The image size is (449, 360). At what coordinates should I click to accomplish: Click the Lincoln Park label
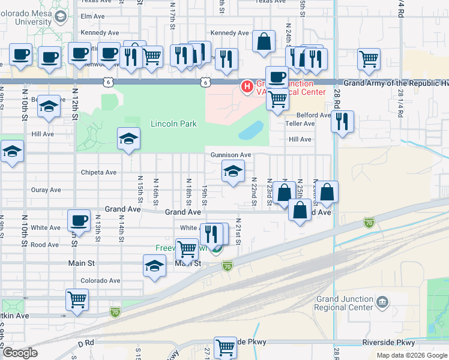click(x=173, y=124)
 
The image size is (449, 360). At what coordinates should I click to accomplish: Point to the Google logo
click(x=20, y=353)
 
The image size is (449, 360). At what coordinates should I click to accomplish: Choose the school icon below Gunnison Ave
click(x=233, y=172)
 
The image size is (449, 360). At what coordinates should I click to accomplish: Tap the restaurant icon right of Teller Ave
click(x=342, y=122)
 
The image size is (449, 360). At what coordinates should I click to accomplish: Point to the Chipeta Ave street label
click(x=99, y=172)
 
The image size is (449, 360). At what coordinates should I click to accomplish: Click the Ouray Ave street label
click(x=46, y=190)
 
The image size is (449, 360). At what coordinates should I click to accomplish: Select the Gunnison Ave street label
click(x=231, y=155)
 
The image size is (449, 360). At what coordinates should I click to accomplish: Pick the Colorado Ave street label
click(x=101, y=280)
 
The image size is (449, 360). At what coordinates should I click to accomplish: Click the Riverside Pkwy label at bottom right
click(x=388, y=343)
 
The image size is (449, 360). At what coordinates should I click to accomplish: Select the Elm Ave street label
click(x=92, y=16)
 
